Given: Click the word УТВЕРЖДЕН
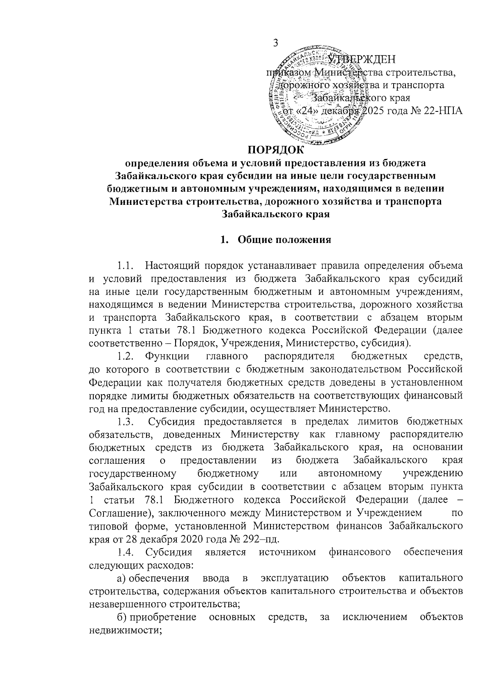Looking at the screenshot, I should click(x=362, y=60).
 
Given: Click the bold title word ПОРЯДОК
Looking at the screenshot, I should click(x=275, y=150).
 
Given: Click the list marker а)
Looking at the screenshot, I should click(x=121, y=578).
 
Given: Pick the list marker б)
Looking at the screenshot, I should click(x=121, y=617).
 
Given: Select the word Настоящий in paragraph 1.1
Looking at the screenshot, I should click(x=175, y=266).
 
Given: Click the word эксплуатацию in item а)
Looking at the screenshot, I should click(x=295, y=578).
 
